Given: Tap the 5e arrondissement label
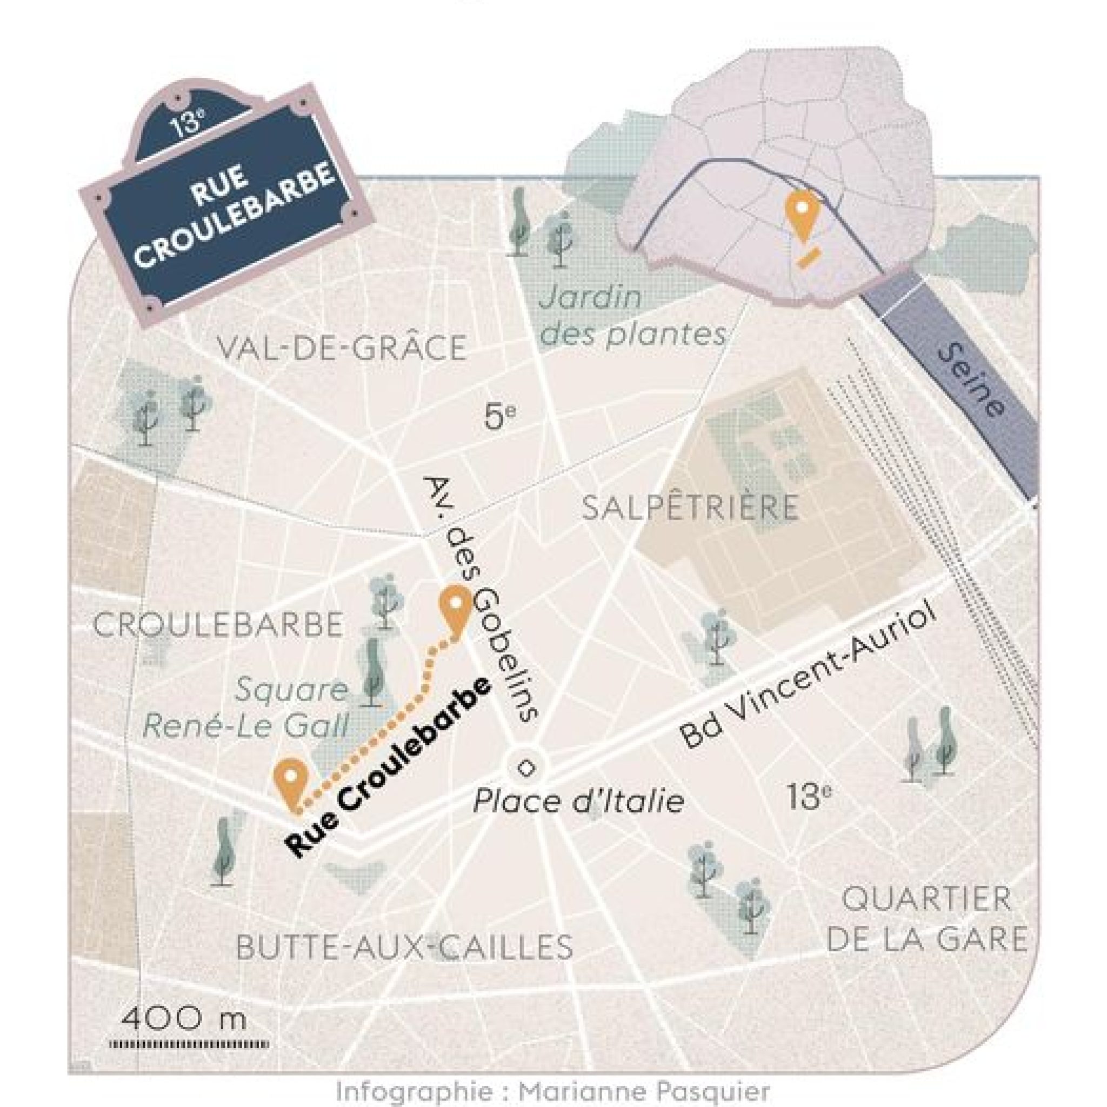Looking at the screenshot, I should (x=500, y=417).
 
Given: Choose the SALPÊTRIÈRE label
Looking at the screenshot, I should (x=690, y=508).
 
